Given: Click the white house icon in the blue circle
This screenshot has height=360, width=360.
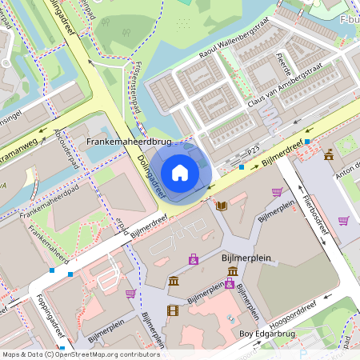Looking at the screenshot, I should click(x=180, y=172).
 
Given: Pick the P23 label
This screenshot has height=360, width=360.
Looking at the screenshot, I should click(x=254, y=150).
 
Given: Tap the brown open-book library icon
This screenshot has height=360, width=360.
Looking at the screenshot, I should click(x=222, y=206).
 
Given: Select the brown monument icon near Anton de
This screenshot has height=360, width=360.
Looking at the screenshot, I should click(x=329, y=154).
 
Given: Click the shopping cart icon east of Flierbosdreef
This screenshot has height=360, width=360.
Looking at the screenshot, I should click(x=343, y=221).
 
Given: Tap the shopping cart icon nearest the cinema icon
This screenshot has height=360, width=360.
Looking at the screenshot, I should click(x=130, y=294).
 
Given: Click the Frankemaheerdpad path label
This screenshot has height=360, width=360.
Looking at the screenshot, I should click(x=50, y=202).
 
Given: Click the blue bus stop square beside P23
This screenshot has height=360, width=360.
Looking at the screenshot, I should click(x=242, y=168).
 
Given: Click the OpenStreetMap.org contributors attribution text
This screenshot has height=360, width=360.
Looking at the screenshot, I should click(x=108, y=354).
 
